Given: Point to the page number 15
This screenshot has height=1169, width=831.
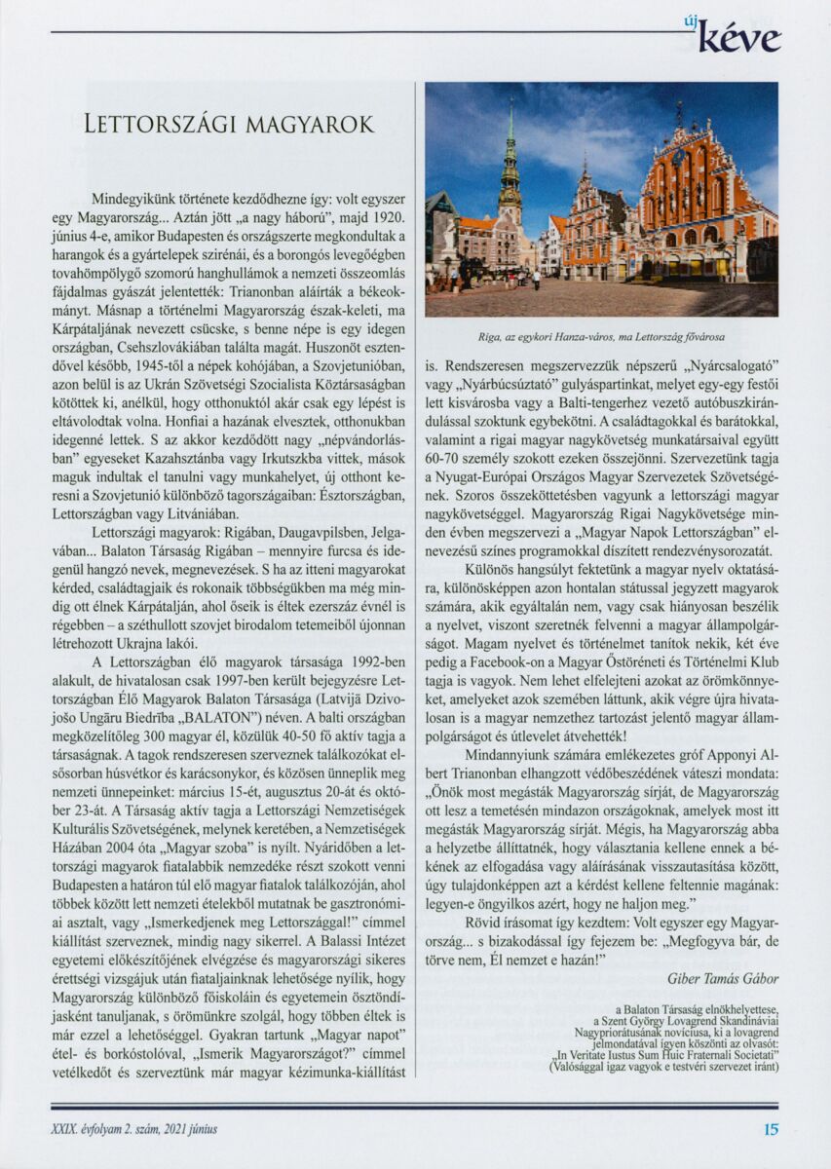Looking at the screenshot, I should (x=771, y=1130).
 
